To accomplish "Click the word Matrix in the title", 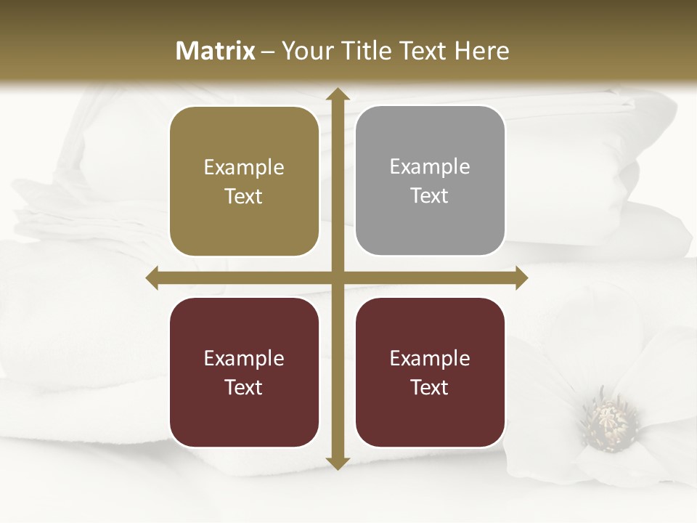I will pyautogui.click(x=216, y=51).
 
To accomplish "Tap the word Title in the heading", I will pyautogui.click(x=364, y=51).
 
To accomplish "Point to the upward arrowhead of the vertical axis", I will pyautogui.click(x=337, y=94).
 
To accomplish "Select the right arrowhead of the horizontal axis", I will pyautogui.click(x=521, y=278).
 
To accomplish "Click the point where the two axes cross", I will pyautogui.click(x=337, y=278).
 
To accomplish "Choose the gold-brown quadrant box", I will pyautogui.click(x=244, y=182).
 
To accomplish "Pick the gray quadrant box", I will pyautogui.click(x=430, y=181).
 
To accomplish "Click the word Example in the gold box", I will pyautogui.click(x=244, y=168).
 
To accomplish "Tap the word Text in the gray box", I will pyautogui.click(x=430, y=195).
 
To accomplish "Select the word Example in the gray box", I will pyautogui.click(x=430, y=167).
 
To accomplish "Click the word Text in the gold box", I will pyautogui.click(x=244, y=196).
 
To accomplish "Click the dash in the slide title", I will pyautogui.click(x=268, y=52).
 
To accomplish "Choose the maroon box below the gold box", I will pyautogui.click(x=244, y=372).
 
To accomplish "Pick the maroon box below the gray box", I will pyautogui.click(x=430, y=372).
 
